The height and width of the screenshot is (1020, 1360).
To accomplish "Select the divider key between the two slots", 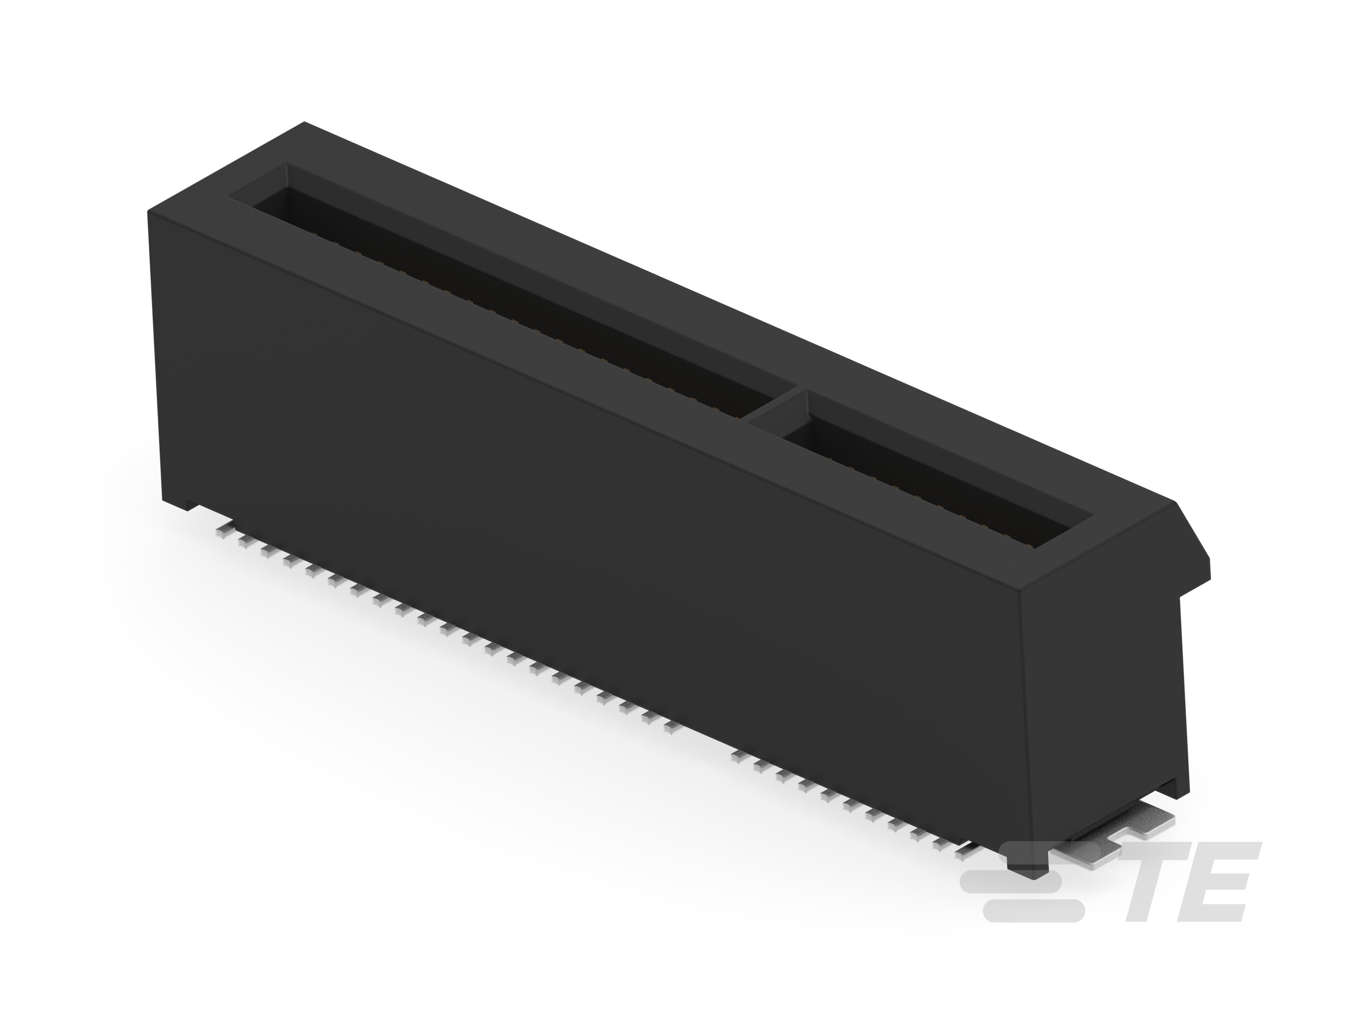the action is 773,406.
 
